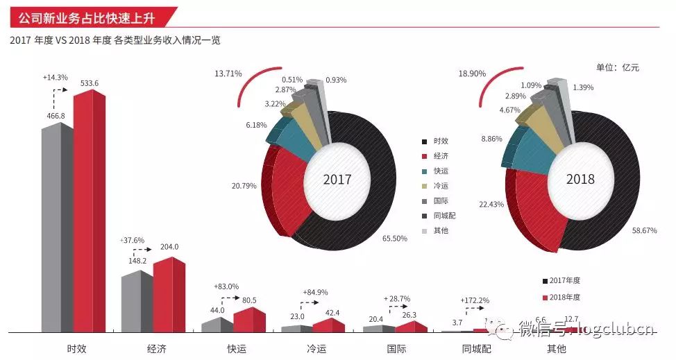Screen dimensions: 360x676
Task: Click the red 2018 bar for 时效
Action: click(x=89, y=215)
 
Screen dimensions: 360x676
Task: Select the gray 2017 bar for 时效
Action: click(x=57, y=229)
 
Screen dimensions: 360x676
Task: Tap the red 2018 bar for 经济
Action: click(x=169, y=295)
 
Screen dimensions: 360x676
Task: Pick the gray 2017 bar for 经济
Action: click(x=137, y=302)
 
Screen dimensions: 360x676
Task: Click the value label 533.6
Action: click(x=90, y=83)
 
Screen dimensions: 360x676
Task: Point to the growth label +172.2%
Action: click(x=475, y=300)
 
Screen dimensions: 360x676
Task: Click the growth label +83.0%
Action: click(x=227, y=286)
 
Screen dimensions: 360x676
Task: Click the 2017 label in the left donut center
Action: click(x=337, y=180)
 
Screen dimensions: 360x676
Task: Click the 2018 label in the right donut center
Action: click(x=580, y=179)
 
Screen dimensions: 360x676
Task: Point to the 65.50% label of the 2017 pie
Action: click(x=394, y=238)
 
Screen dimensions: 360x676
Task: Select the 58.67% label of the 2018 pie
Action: click(x=645, y=230)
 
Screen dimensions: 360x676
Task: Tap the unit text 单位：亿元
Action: click(x=617, y=67)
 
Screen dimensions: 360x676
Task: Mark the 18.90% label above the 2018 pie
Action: click(x=471, y=73)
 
